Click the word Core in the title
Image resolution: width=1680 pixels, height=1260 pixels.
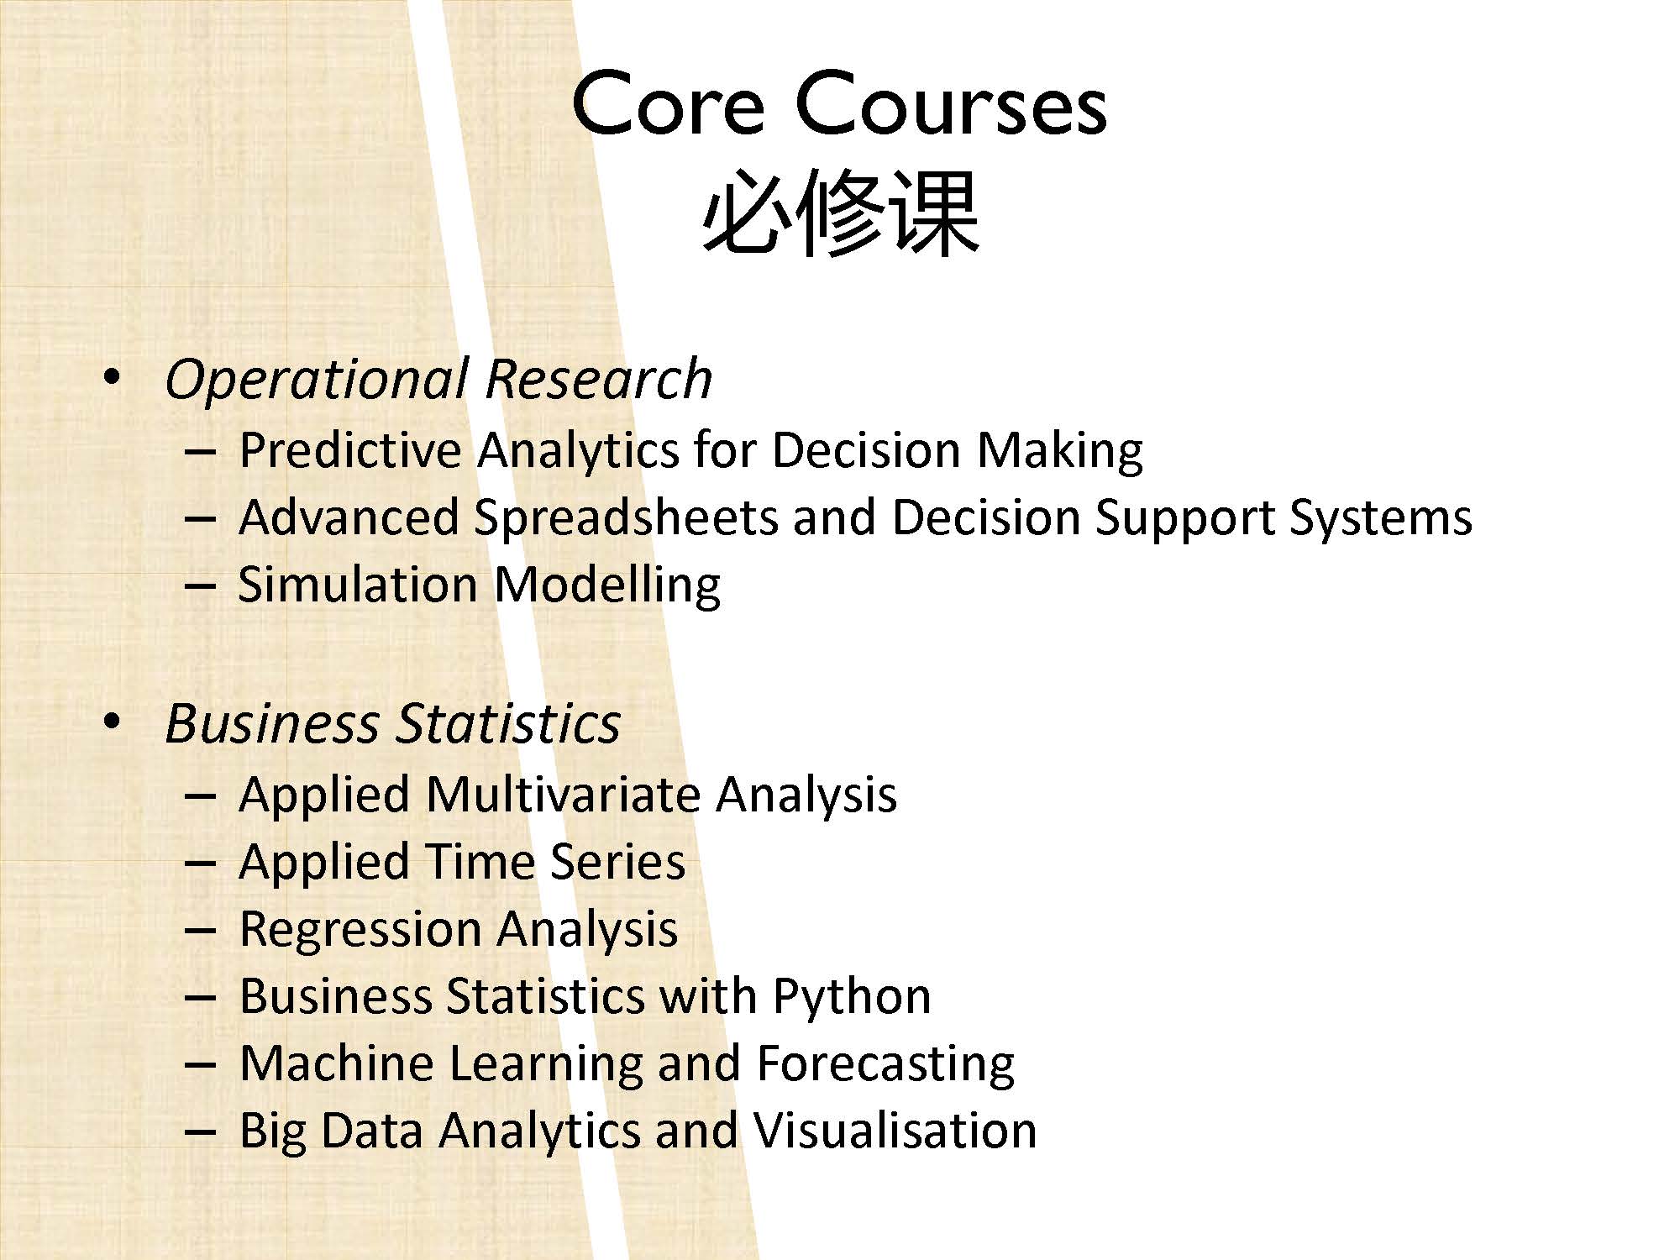(669, 105)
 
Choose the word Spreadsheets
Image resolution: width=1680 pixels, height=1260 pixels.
(627, 517)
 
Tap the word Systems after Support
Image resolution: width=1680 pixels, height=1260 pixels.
(1380, 518)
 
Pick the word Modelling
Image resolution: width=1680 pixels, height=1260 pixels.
(607, 585)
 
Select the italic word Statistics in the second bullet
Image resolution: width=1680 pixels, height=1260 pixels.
(508, 723)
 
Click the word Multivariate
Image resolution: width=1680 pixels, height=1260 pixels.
(563, 794)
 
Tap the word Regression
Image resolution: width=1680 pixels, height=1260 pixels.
(360, 930)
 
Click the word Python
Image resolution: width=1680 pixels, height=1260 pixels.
(852, 997)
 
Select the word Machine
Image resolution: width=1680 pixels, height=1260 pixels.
(337, 1063)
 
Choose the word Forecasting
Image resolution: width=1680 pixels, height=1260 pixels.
(885, 1064)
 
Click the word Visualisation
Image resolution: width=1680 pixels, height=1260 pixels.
(894, 1130)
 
